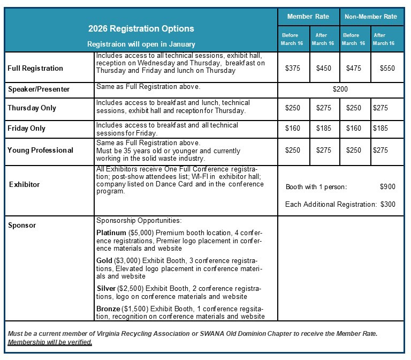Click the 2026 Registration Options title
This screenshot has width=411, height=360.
(x=141, y=28)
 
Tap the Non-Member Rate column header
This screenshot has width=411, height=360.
(x=371, y=17)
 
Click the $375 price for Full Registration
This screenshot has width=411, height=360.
(x=293, y=68)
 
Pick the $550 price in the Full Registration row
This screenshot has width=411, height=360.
(x=387, y=68)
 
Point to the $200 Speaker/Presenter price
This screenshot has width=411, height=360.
(x=340, y=89)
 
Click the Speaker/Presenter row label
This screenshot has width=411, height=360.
(x=39, y=89)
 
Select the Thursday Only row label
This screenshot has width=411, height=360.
(x=32, y=108)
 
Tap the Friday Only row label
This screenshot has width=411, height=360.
(x=26, y=129)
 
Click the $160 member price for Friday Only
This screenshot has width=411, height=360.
(x=293, y=129)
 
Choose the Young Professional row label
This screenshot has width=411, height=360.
(x=40, y=150)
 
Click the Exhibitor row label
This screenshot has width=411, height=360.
(x=24, y=184)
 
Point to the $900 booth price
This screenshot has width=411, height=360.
(x=387, y=187)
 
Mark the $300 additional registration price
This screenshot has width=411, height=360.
(x=388, y=204)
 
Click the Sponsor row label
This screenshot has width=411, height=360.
(x=22, y=225)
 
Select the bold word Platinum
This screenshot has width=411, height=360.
(x=111, y=233)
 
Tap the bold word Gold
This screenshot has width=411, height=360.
(x=104, y=260)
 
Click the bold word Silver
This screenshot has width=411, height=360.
(x=105, y=288)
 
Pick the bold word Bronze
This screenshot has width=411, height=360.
(x=108, y=309)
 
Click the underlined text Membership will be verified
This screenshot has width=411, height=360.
(x=50, y=342)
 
